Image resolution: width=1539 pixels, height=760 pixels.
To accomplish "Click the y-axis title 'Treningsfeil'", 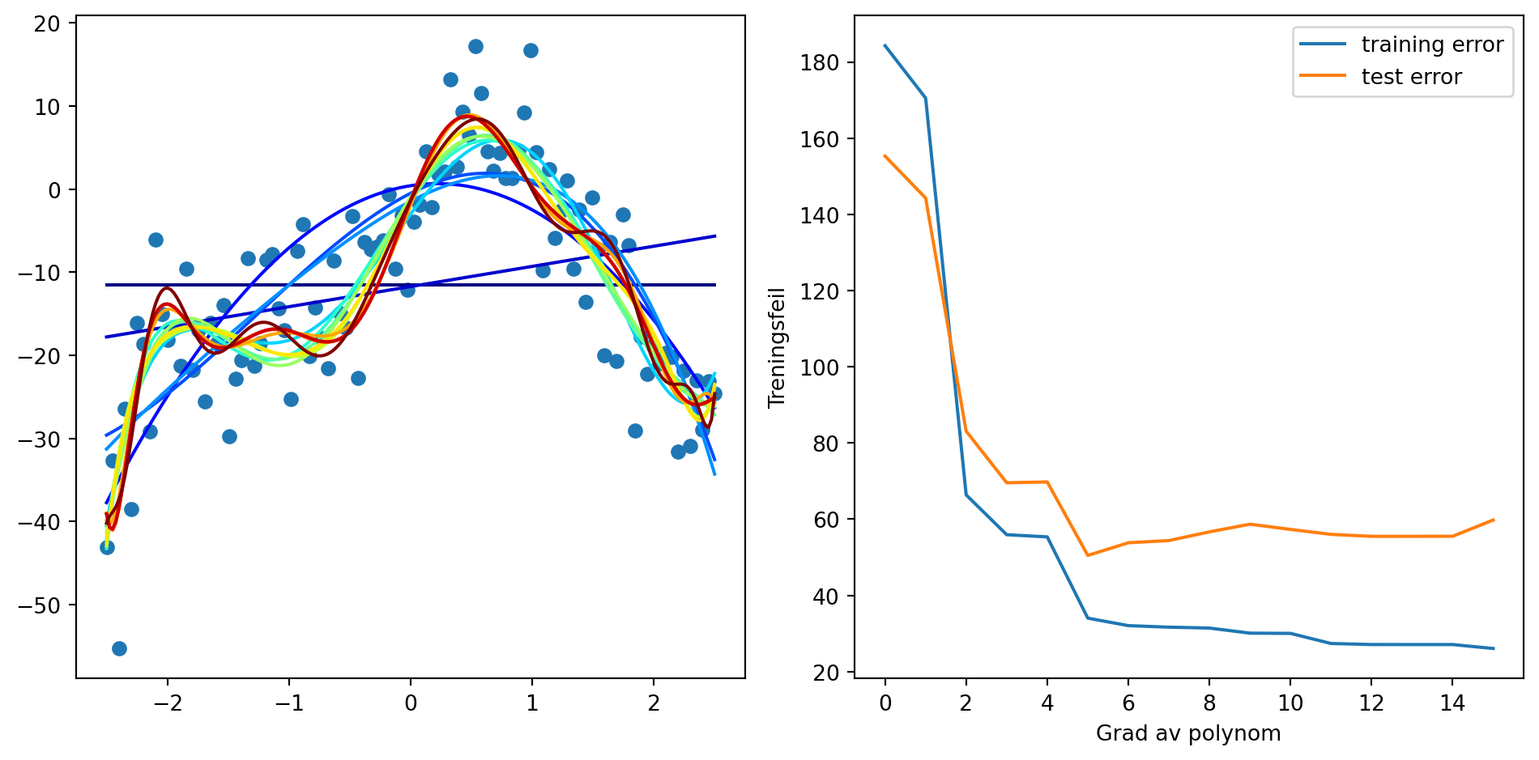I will click(778, 347).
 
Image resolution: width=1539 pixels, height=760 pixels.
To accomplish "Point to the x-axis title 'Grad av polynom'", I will click(1188, 733).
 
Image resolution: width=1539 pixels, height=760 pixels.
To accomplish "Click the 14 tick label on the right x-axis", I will click(1452, 703).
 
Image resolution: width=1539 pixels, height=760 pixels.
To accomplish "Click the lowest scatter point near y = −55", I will click(119, 648).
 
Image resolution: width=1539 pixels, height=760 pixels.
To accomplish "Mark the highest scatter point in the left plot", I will click(475, 46).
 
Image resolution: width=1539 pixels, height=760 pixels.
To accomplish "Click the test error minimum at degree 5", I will click(1088, 555).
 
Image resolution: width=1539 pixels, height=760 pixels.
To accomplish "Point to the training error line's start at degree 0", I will click(885, 45).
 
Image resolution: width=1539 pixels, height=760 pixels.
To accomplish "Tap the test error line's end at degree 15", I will click(1493, 520).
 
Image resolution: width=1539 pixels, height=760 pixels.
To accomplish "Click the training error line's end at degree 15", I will click(1493, 648).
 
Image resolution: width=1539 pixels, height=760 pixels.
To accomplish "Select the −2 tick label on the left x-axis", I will click(168, 703).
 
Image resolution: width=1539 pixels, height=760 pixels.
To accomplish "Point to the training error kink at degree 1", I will click(925, 98).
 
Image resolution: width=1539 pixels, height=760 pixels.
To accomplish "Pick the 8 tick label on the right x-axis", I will click(1209, 703).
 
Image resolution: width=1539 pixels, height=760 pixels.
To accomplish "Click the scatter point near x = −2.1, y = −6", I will click(156, 240).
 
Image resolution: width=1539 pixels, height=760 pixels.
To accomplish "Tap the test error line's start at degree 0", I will click(885, 155).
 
